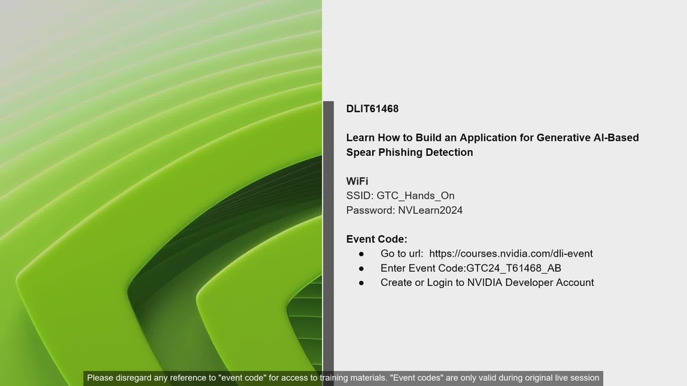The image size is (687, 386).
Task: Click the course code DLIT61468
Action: tap(372, 109)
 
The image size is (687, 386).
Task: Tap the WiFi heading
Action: tap(357, 181)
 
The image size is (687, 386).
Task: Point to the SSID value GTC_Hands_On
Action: tap(415, 196)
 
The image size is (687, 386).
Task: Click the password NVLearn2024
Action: tap(430, 210)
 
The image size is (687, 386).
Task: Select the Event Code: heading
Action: tap(377, 239)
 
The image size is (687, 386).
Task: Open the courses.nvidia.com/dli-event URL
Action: tap(511, 254)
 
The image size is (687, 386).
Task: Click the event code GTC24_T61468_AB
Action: tap(514, 268)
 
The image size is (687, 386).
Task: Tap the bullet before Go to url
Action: tap(361, 254)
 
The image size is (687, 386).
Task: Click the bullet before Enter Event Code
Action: tap(361, 269)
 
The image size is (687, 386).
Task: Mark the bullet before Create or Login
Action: tap(361, 283)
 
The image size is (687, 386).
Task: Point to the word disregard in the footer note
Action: tap(133, 377)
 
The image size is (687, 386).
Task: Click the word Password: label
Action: tap(371, 210)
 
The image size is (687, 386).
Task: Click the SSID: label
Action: tap(360, 196)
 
